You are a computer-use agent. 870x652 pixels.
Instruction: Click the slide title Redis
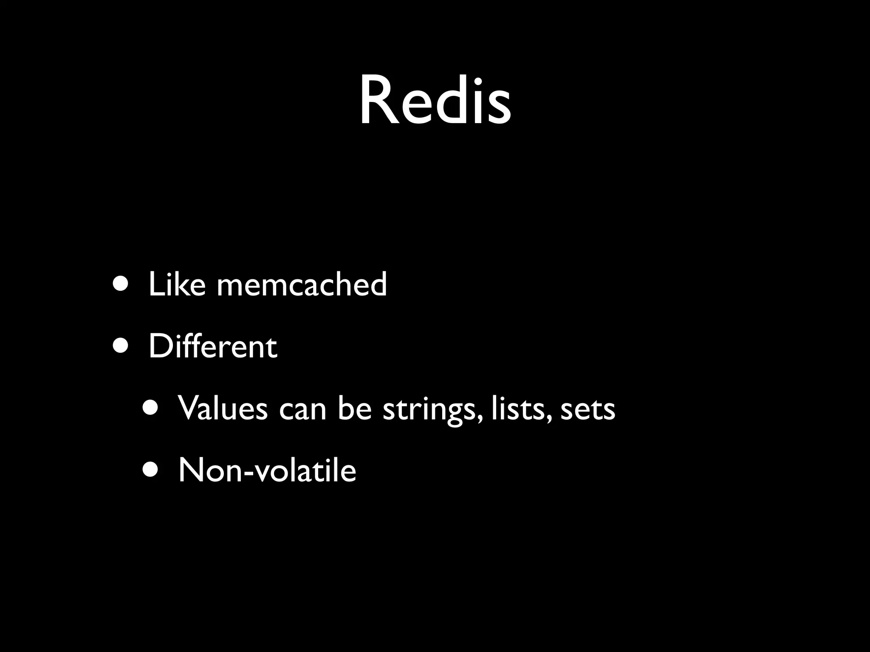point(435,101)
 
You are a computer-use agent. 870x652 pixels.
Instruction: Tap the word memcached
point(302,284)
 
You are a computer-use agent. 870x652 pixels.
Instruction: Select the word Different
point(213,346)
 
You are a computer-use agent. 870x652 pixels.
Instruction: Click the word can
point(302,410)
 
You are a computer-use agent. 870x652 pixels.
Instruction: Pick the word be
point(355,408)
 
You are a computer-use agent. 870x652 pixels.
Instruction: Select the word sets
point(588,410)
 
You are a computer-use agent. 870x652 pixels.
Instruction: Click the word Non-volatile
point(267,470)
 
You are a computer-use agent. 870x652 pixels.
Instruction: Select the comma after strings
point(480,420)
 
